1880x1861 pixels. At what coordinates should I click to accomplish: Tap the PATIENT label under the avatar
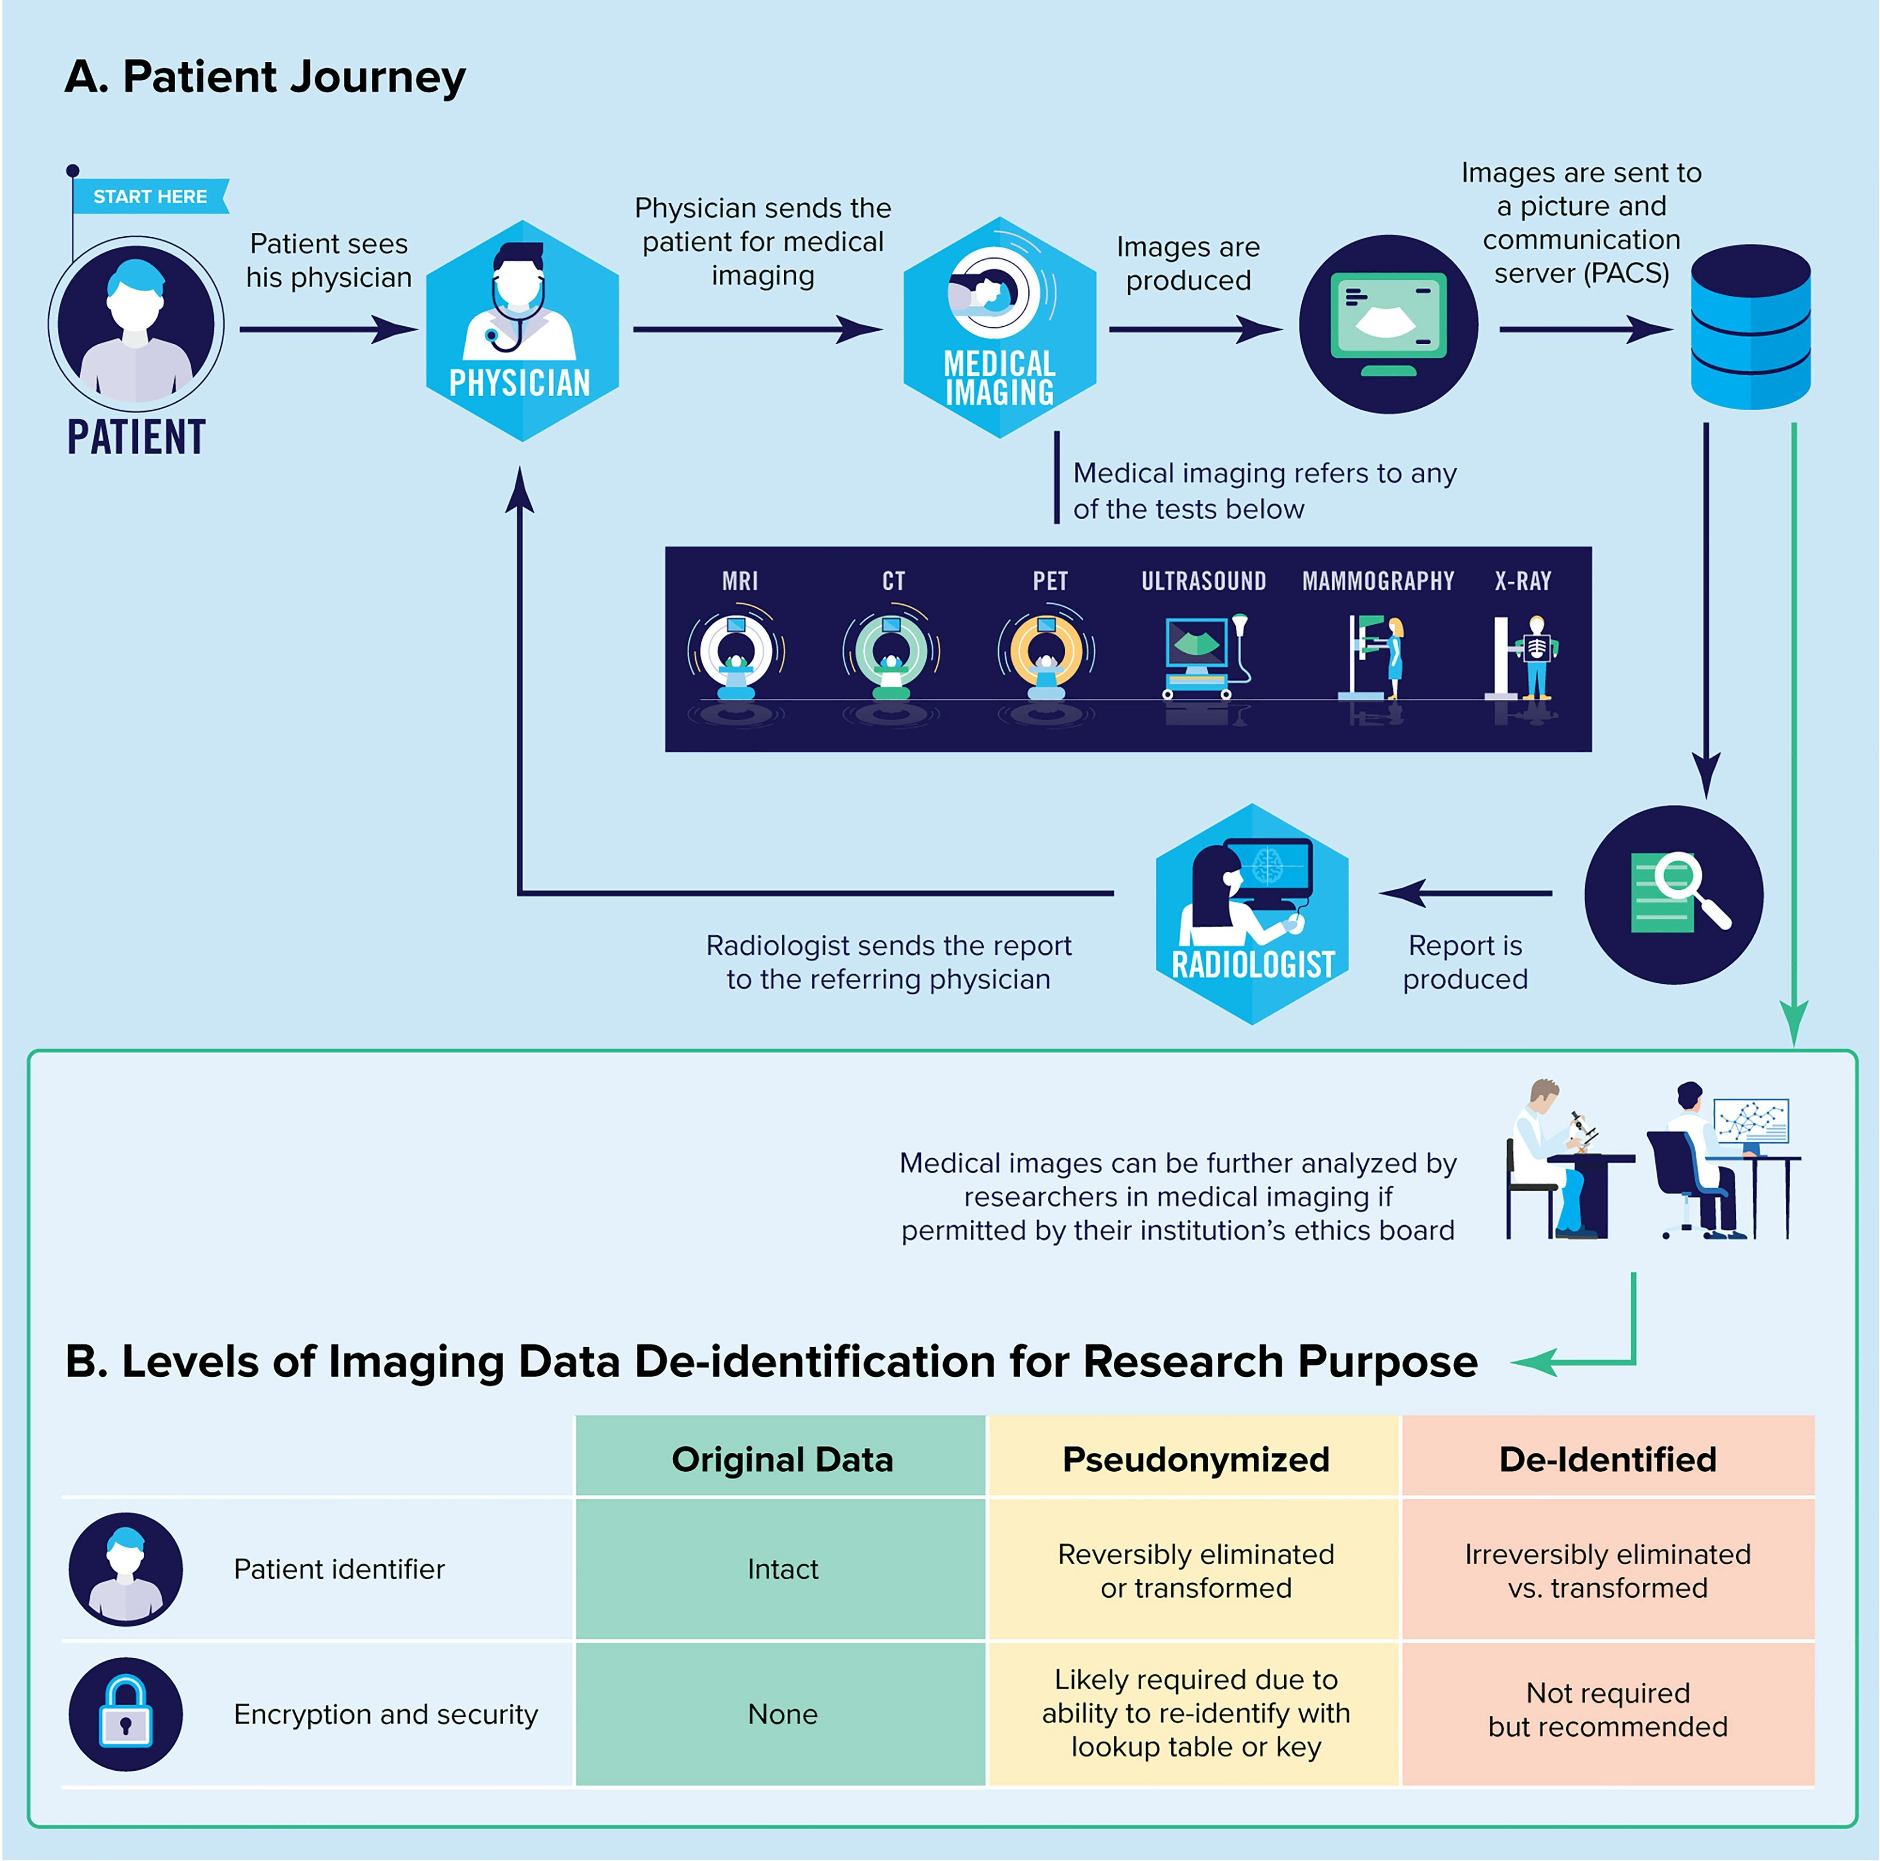[136, 437]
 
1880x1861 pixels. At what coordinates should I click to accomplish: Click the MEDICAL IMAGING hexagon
[999, 328]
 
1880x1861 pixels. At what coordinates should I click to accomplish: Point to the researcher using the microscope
[1555, 1157]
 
